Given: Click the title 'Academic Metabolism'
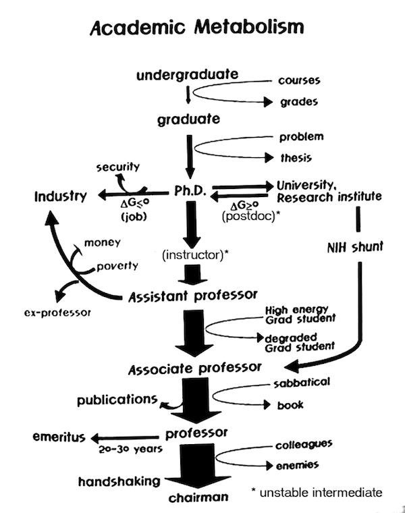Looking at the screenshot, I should tap(196, 28).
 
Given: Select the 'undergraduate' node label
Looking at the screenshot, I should tap(187, 75).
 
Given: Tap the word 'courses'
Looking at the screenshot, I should tap(299, 80).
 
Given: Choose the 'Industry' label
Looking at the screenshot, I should tap(61, 197).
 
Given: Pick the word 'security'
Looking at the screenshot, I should tap(117, 166).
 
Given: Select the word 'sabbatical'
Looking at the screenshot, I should tap(302, 383).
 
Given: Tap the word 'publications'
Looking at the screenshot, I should tap(117, 400).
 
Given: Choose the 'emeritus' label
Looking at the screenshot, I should tap(59, 437).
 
